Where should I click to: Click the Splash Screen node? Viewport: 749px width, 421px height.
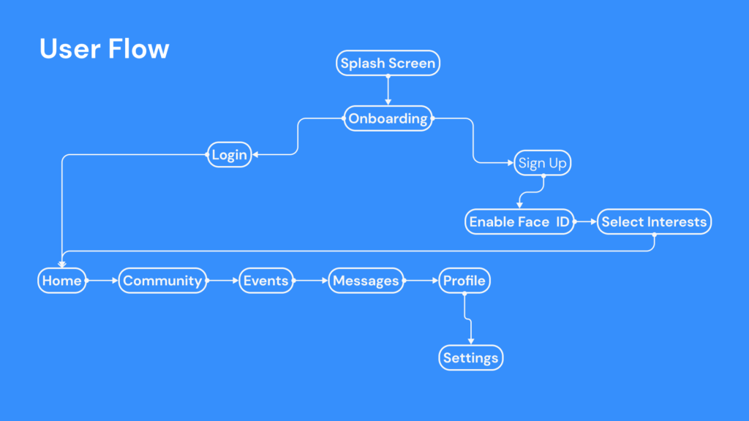[x=388, y=64]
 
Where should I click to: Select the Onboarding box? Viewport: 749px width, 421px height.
[x=388, y=118]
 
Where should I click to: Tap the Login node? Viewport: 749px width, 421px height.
[x=229, y=155]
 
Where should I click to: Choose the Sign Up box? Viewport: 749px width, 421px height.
[x=542, y=163]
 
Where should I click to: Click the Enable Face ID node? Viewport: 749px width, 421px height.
[x=519, y=221]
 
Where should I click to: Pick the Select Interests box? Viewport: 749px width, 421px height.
[x=654, y=221]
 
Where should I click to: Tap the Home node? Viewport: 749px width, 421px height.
[x=62, y=281]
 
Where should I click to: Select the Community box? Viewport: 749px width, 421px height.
[x=162, y=281]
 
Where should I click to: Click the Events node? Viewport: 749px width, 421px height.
[x=266, y=281]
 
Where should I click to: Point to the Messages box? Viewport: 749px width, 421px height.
[x=366, y=281]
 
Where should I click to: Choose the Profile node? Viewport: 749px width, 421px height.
[x=464, y=281]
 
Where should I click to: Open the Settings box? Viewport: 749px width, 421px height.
[x=471, y=358]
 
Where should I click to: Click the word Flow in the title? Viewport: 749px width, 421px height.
[x=138, y=49]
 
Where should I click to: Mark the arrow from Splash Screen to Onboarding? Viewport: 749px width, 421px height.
[x=388, y=91]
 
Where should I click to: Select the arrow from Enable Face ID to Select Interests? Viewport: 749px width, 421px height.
[x=585, y=221]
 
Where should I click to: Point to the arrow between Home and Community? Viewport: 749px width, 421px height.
[x=102, y=281]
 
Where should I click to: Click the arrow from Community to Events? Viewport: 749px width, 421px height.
[x=224, y=281]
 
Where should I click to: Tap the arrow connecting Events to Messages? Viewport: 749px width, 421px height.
[x=312, y=281]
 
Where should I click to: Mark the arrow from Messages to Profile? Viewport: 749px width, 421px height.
[x=421, y=281]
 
